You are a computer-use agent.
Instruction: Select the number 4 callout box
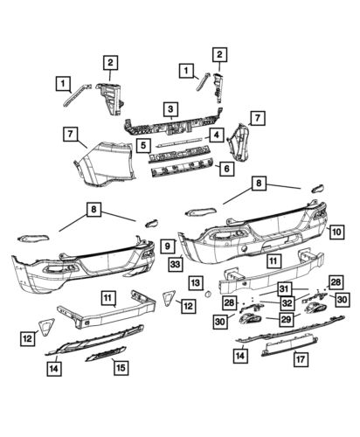pyautogui.click(x=213, y=135)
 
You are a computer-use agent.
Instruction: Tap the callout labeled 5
pyautogui.click(x=142, y=142)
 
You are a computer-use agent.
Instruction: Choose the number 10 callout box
pyautogui.click(x=336, y=232)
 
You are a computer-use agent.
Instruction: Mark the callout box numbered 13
pyautogui.click(x=195, y=283)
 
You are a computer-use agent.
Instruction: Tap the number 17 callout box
pyautogui.click(x=300, y=358)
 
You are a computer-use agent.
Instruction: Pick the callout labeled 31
pyautogui.click(x=284, y=288)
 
